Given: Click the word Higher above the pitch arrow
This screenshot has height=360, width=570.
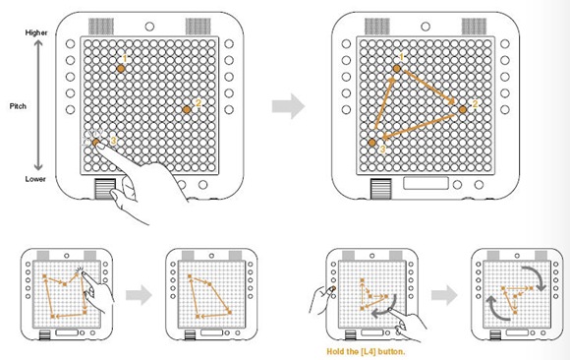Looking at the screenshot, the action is click(x=36, y=32).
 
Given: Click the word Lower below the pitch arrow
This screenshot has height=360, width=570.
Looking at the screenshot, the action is click(x=35, y=179).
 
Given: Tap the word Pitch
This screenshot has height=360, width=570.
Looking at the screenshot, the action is click(x=18, y=106).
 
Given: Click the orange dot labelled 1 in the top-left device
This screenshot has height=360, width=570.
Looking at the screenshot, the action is click(x=121, y=69).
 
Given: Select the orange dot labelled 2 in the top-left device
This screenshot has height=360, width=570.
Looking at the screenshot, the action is click(x=187, y=109).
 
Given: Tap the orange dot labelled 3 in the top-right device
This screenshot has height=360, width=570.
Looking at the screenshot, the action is click(x=371, y=143).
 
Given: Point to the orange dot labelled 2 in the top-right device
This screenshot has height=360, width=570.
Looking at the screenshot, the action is click(x=463, y=109).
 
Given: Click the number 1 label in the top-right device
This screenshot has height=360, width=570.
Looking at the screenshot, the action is click(x=401, y=57).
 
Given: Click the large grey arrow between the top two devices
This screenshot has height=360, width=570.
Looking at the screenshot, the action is click(x=288, y=106).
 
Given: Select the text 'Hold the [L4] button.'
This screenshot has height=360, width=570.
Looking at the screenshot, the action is click(x=366, y=351).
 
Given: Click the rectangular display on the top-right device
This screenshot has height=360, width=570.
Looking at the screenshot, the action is click(x=426, y=183).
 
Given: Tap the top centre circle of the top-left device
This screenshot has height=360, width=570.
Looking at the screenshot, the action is click(x=149, y=27).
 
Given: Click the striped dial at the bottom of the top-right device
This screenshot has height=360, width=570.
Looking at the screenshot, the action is click(x=381, y=189).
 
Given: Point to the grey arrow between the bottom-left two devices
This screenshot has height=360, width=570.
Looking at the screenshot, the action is click(x=140, y=295).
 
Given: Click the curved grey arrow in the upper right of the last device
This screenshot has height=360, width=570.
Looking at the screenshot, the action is click(x=534, y=277).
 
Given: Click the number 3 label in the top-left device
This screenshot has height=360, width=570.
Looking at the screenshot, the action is click(x=113, y=141).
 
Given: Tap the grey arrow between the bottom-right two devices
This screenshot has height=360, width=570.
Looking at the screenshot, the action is click(x=444, y=295).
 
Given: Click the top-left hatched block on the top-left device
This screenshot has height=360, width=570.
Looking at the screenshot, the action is click(x=101, y=27).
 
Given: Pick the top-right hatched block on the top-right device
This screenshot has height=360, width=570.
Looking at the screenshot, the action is click(x=474, y=27).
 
